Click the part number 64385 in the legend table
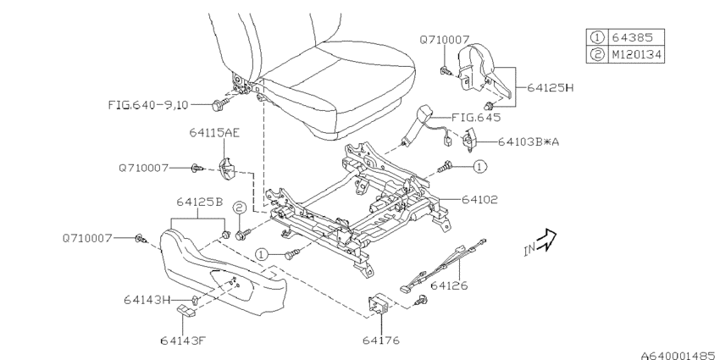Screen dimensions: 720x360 [631, 37]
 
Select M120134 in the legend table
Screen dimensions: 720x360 [636, 55]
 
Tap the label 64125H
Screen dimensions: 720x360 [550, 87]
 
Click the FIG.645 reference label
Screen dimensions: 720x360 [476, 117]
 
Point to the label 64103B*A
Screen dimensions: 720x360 [528, 142]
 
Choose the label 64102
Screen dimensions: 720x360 [479, 199]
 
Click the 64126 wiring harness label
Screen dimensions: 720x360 [449, 285]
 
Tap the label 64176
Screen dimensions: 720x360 [380, 341]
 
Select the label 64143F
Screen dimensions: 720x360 [182, 341]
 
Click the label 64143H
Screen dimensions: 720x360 [146, 300]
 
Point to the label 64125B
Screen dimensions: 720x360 [200, 202]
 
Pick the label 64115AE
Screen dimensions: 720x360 [214, 133]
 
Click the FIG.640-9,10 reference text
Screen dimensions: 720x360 [148, 105]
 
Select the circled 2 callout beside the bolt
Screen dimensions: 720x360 [239, 208]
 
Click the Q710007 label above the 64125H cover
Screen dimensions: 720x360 [444, 40]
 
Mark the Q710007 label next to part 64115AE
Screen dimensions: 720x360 [144, 168]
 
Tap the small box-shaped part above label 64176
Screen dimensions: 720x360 [379, 304]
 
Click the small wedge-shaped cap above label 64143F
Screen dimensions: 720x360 [186, 310]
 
